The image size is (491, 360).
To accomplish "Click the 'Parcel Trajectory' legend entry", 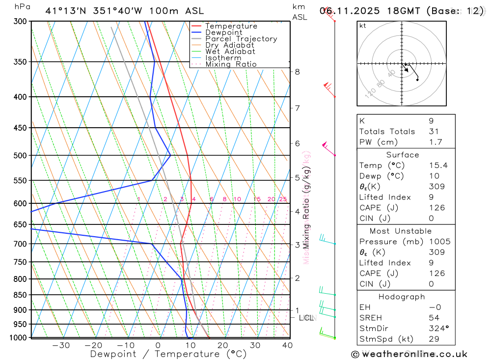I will [241, 39].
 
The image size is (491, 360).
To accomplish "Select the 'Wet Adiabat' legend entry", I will [230, 52].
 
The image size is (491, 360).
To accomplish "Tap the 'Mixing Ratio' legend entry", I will [231, 64].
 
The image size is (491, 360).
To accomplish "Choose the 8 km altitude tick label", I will [297, 72].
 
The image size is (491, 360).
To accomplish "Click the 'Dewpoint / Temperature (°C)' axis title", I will [168, 354].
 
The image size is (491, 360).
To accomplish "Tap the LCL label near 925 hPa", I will [306, 318].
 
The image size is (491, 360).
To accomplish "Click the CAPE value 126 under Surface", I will [437, 208].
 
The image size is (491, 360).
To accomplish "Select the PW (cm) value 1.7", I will [436, 142].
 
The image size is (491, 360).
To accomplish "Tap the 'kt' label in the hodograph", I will [363, 26].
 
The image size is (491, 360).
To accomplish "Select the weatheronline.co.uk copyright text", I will [409, 354].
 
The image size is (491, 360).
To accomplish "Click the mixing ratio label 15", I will [257, 199].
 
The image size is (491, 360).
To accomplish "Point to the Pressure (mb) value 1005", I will [439, 242].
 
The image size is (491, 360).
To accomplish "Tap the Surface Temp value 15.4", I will [438, 166].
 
